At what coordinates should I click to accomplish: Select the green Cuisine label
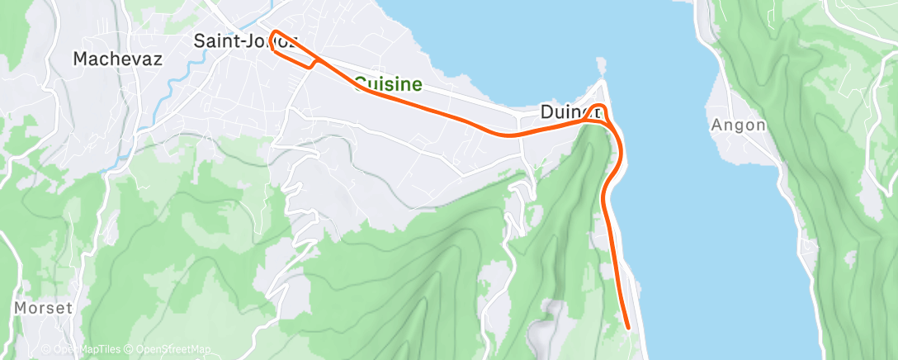pos(388,83)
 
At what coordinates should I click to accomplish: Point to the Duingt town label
pos(568,111)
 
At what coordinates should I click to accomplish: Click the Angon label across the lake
pos(738,126)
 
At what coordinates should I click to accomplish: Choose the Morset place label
pos(44,308)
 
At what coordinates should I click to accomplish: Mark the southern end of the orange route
pos(630,328)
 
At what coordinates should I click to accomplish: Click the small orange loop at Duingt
pos(601,112)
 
